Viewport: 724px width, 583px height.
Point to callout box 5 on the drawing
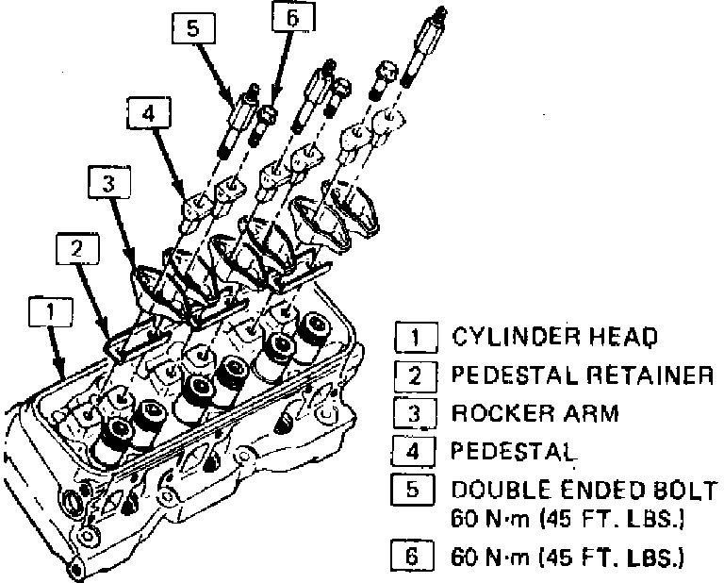[x=192, y=29]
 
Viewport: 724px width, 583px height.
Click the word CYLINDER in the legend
[x=502, y=336]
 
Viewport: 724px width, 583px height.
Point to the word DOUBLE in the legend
[x=494, y=491]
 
